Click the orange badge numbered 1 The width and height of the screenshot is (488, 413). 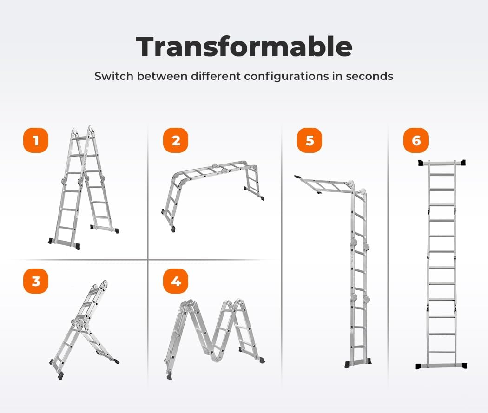click(x=36, y=140)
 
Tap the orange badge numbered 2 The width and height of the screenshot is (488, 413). click(x=176, y=140)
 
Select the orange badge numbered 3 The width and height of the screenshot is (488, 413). click(x=36, y=281)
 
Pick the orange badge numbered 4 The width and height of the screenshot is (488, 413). click(x=176, y=281)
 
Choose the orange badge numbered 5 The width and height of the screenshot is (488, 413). click(x=310, y=140)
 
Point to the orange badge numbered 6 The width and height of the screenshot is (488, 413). click(x=416, y=140)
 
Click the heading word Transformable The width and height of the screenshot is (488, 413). click(x=244, y=46)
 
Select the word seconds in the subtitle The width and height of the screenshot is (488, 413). click(x=369, y=76)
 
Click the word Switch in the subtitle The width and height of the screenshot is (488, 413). click(x=111, y=76)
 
